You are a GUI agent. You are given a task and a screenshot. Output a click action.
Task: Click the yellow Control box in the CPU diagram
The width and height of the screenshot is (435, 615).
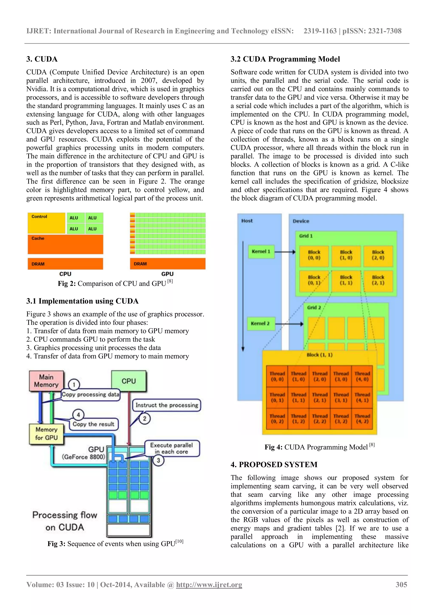(x=46, y=223)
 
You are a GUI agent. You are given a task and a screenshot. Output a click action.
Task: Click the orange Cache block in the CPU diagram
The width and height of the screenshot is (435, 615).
(x=65, y=244)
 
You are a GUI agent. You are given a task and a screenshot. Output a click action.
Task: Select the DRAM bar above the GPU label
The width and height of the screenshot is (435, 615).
(x=168, y=264)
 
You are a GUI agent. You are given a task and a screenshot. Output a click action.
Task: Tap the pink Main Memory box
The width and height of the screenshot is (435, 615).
(x=46, y=381)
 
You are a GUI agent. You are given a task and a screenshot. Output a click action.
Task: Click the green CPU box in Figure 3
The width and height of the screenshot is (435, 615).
(x=129, y=381)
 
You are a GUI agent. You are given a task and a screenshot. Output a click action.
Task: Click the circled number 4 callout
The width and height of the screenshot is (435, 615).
(x=78, y=415)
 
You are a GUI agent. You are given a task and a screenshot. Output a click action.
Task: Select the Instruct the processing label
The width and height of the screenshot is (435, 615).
(x=166, y=405)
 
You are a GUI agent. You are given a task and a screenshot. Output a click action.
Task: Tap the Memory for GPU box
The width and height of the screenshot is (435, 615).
(x=46, y=434)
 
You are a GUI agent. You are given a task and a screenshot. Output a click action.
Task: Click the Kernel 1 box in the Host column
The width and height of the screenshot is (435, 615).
(x=261, y=251)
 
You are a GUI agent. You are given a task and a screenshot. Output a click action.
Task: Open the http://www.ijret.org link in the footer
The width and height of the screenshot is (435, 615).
(x=209, y=584)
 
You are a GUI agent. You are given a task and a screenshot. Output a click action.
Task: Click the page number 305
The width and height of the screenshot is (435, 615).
(x=401, y=584)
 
